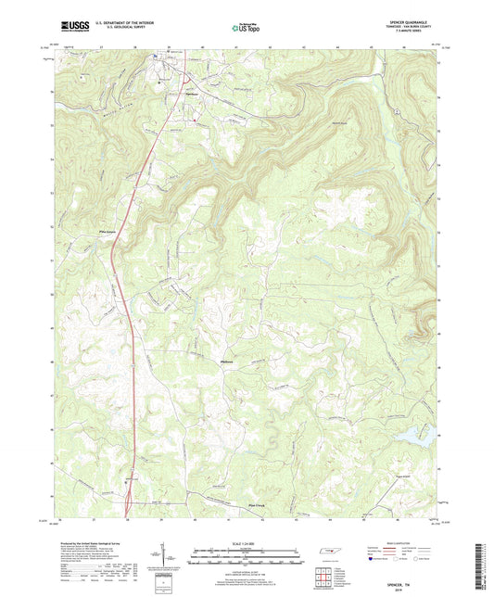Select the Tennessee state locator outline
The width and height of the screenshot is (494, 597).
pyautogui.click(x=328, y=553)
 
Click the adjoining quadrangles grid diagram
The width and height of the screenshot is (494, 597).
pyautogui.click(x=323, y=579)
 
